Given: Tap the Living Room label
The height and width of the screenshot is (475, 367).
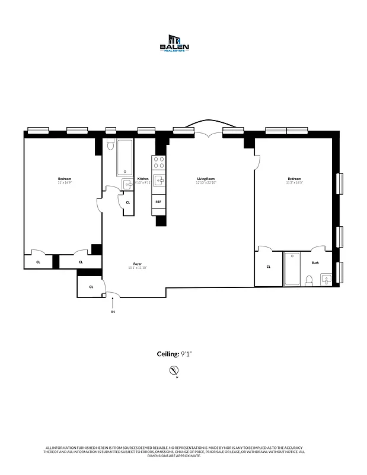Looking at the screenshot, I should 206,179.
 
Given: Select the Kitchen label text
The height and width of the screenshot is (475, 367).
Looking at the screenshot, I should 143,179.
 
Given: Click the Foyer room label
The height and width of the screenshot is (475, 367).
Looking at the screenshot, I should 138,264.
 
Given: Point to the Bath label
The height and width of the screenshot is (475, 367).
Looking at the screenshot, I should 315,262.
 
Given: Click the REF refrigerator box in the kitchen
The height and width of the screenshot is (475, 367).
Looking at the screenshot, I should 158,202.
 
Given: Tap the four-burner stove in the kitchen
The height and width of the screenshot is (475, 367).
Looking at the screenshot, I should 158,163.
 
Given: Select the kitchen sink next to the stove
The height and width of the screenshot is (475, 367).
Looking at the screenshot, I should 158,180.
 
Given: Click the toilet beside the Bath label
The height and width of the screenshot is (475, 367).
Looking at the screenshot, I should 309,280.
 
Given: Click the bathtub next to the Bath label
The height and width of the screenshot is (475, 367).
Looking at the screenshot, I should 292,269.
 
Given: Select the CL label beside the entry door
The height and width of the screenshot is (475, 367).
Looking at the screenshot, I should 91,287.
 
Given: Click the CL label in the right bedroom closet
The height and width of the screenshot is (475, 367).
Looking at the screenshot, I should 269,267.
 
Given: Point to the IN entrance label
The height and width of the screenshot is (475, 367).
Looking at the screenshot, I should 113,311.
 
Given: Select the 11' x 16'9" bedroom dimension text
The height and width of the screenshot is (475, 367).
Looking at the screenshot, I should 65,182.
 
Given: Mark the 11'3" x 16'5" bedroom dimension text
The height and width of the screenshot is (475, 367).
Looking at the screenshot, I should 294,182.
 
